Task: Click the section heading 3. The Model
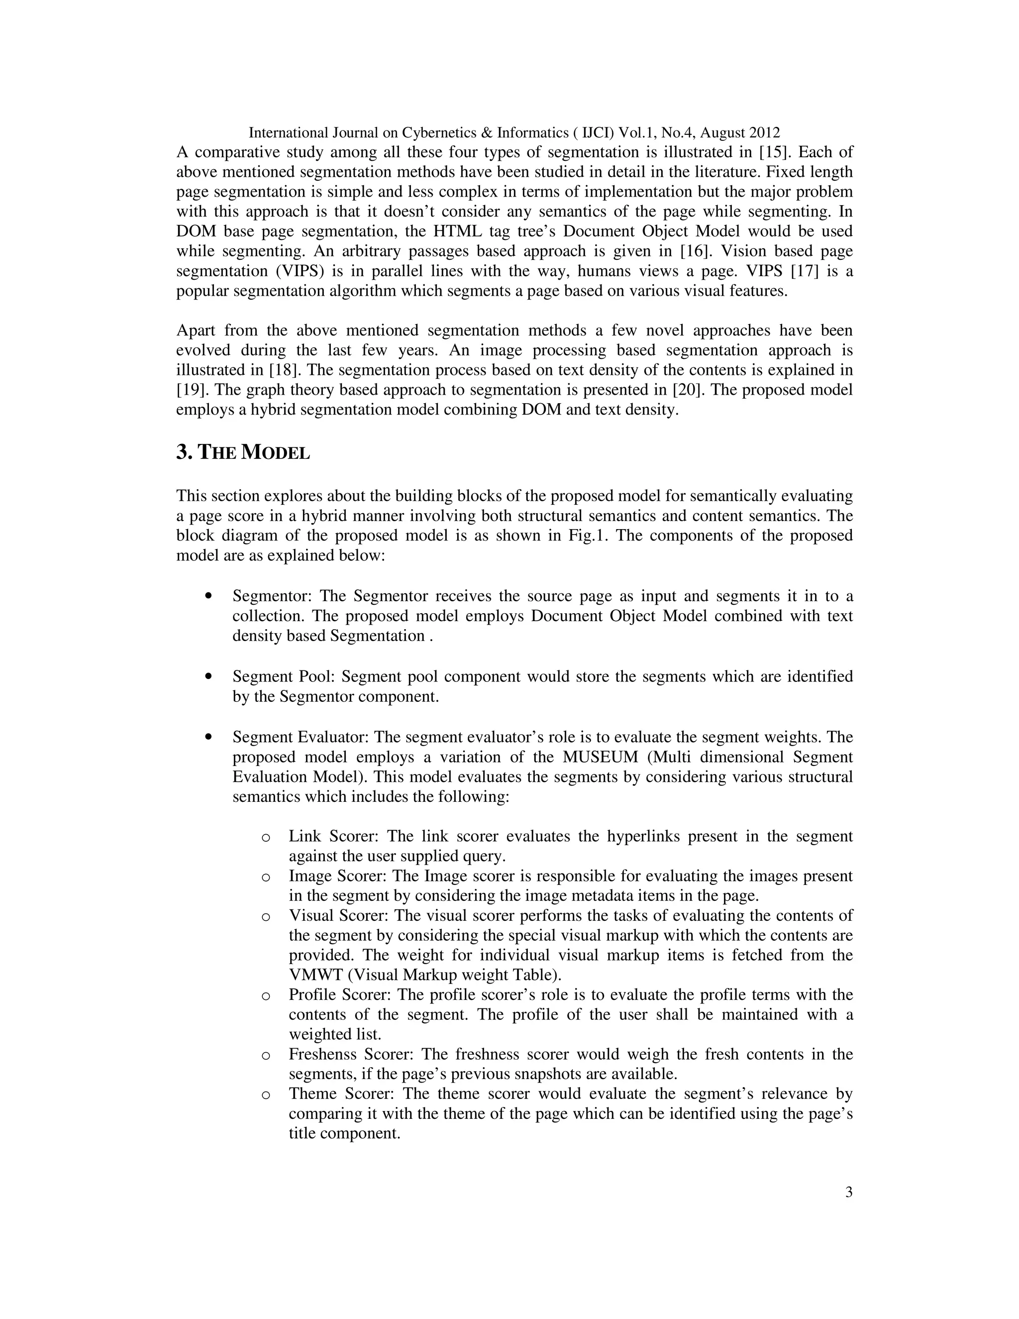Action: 243,452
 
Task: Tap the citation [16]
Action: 695,251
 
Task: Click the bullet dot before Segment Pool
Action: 209,677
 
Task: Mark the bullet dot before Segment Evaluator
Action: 209,738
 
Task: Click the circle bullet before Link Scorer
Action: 265,838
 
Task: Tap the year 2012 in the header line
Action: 764,132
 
